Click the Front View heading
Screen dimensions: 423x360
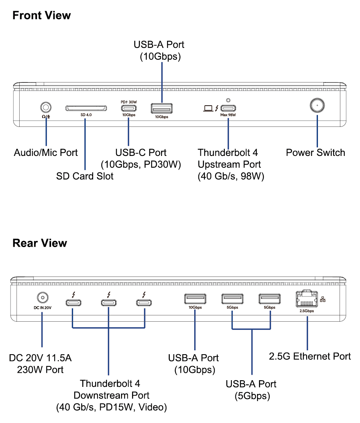42,16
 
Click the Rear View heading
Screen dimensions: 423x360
40,243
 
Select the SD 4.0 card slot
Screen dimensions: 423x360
86,108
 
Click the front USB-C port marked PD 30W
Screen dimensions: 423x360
129,108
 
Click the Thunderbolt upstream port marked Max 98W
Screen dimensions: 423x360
228,108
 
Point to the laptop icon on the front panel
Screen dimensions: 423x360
208,108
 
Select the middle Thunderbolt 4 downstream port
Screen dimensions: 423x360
108,303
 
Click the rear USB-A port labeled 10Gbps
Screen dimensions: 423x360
195,299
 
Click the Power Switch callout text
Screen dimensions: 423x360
315,153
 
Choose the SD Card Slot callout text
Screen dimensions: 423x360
85,176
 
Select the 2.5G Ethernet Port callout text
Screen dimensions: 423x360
310,356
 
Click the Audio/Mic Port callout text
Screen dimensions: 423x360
46,153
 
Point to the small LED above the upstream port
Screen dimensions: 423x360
228,101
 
